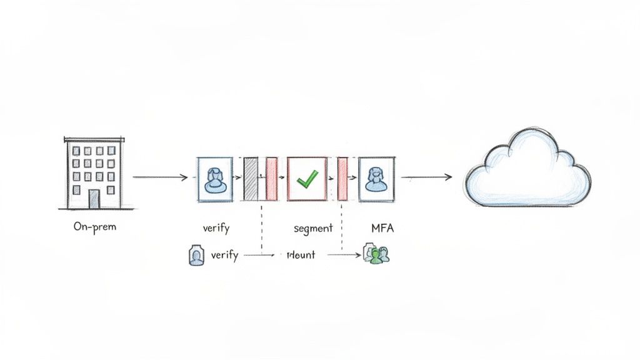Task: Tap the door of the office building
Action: (94, 199)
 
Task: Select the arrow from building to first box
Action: (160, 178)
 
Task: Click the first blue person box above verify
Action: (214, 179)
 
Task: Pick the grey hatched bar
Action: (250, 179)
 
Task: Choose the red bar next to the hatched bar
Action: (271, 179)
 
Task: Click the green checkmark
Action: (307, 180)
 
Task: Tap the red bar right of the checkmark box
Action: (342, 179)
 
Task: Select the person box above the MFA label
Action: (376, 179)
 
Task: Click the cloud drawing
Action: (526, 170)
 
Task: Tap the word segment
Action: (313, 228)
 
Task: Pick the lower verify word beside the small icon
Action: (224, 255)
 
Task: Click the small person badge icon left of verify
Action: (196, 256)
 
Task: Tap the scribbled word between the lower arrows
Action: (301, 255)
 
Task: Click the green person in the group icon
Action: (376, 256)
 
